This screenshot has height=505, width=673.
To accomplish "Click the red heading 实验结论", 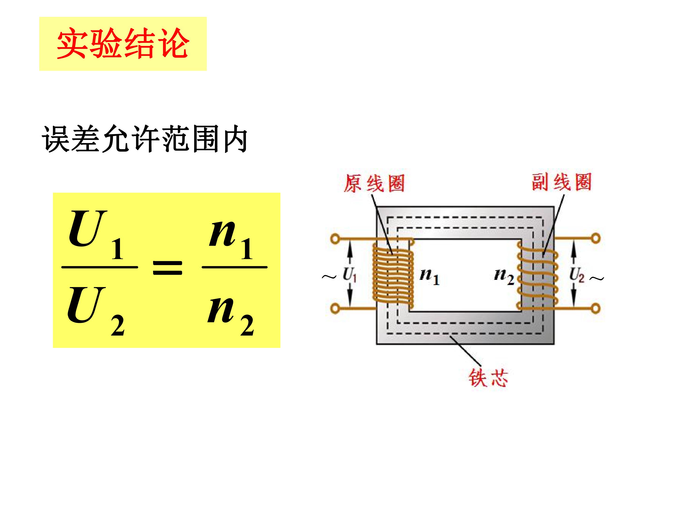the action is tap(123, 43).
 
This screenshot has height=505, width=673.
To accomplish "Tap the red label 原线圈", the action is tap(374, 183).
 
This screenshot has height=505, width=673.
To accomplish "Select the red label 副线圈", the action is tap(561, 182).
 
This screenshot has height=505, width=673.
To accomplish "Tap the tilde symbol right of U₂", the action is tap(597, 278).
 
